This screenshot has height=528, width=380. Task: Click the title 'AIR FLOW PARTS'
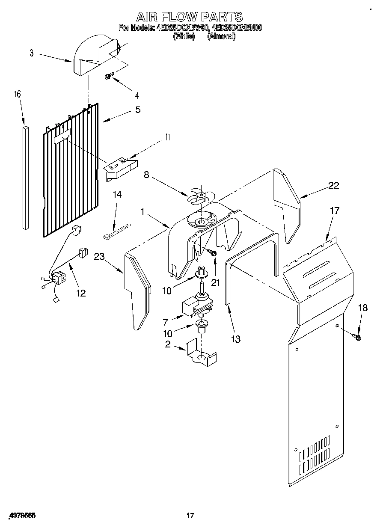190,17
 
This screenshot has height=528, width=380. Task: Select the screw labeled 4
109,77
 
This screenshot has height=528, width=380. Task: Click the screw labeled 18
357,337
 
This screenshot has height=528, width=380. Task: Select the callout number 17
334,211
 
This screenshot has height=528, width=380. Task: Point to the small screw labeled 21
212,254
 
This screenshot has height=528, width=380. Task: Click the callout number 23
99,256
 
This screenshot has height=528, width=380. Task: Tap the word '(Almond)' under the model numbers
221,36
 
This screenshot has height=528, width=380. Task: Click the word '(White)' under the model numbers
184,36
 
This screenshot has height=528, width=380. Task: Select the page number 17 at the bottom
190,516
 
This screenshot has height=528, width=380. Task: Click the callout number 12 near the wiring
80,293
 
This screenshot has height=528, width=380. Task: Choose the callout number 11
167,137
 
